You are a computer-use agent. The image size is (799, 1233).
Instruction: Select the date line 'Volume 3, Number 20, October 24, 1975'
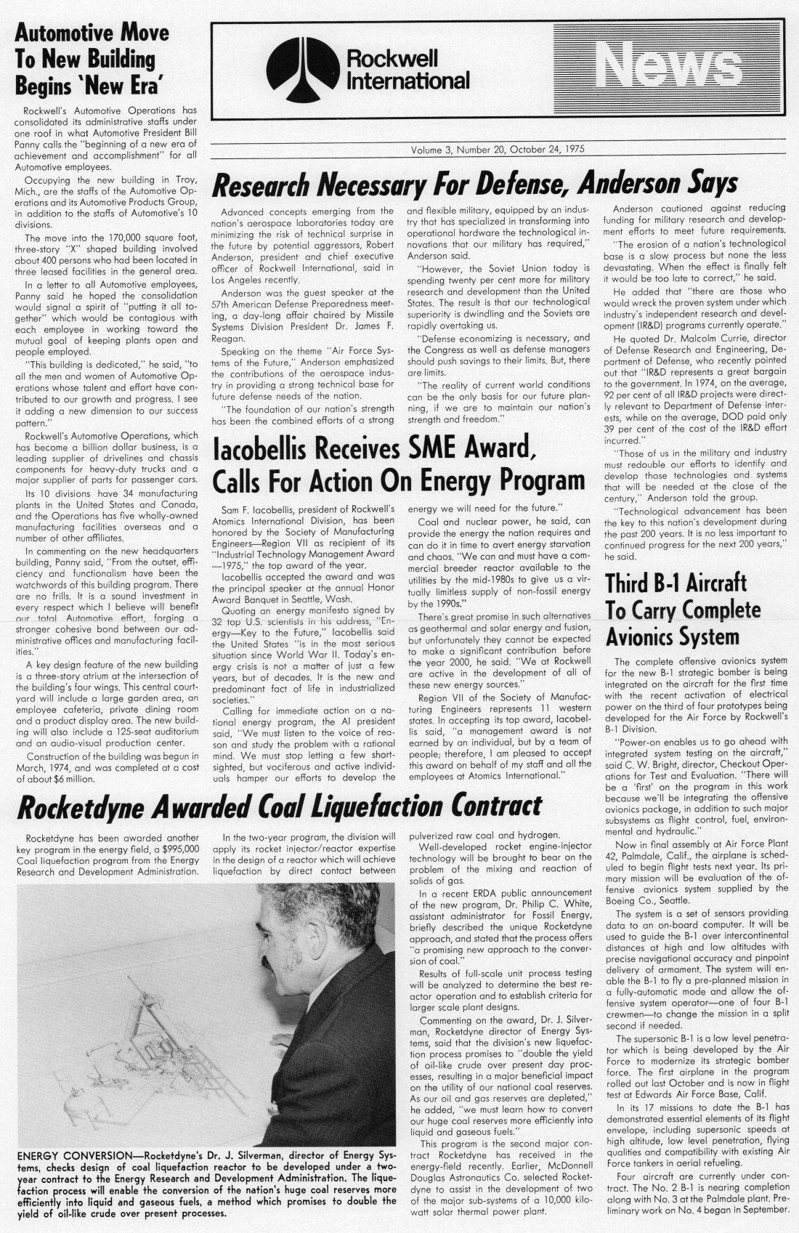click(x=498, y=150)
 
